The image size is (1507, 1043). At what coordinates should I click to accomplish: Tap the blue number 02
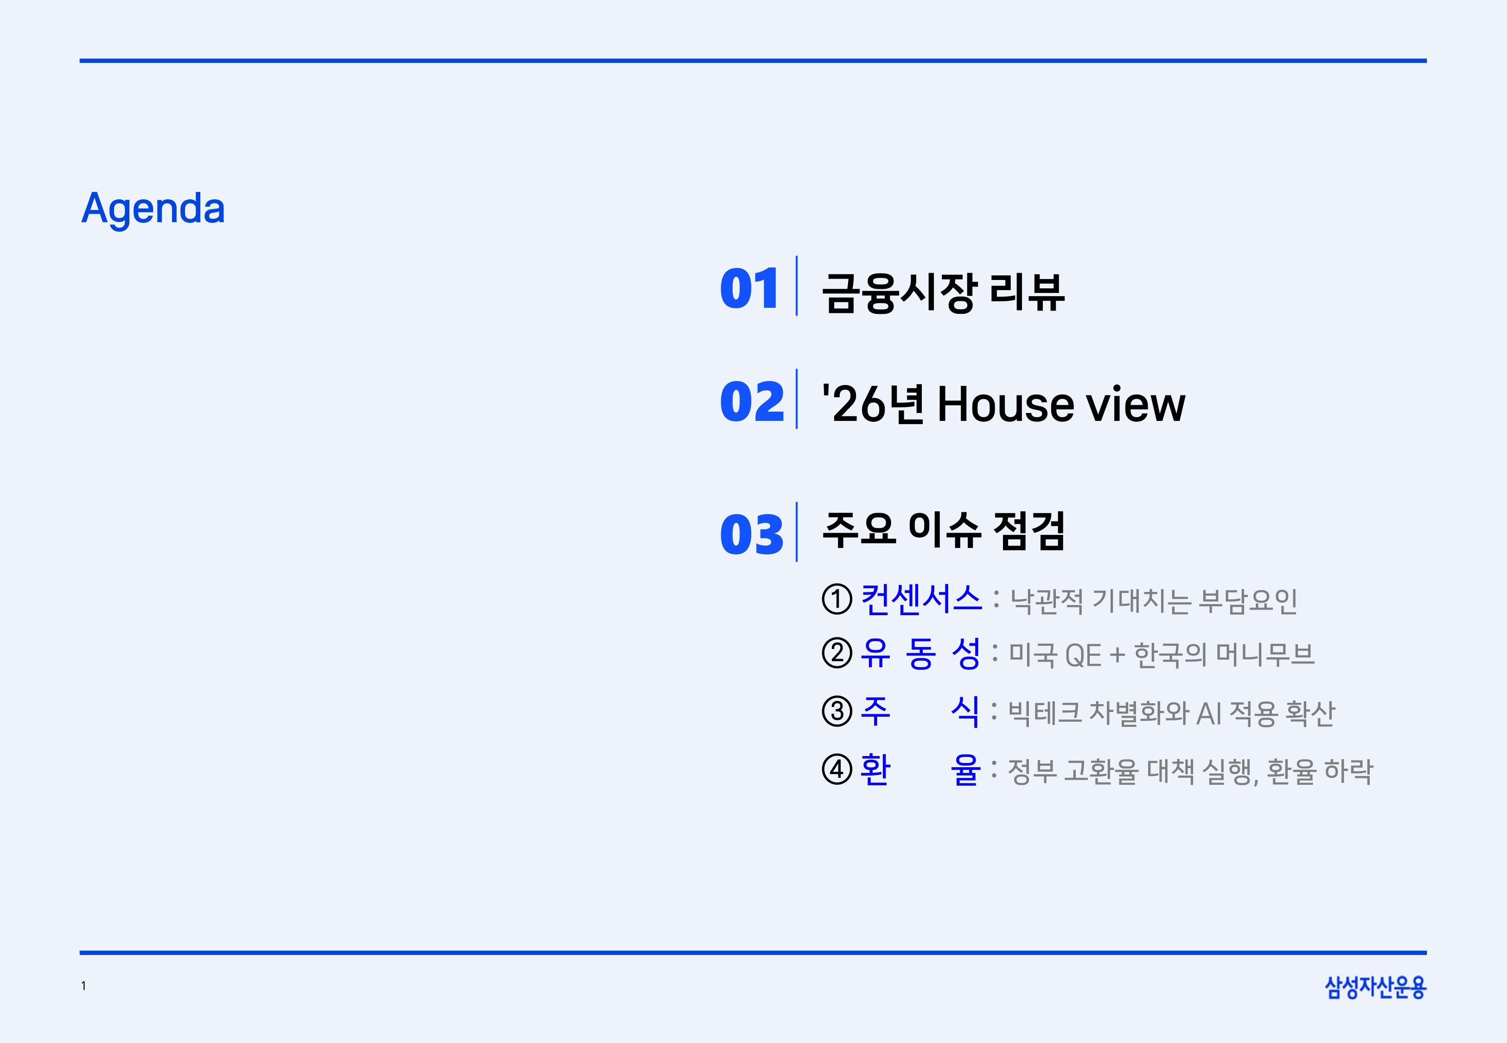752,401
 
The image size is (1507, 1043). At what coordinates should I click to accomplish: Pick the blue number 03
752,534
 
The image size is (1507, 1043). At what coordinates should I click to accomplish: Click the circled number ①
837,599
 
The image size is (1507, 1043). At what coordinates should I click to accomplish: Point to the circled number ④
837,769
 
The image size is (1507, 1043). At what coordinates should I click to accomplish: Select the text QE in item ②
1083,655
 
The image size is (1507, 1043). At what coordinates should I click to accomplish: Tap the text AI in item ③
1209,713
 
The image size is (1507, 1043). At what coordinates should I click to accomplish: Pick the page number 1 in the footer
83,986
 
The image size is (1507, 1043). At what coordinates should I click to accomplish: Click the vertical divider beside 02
797,399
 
